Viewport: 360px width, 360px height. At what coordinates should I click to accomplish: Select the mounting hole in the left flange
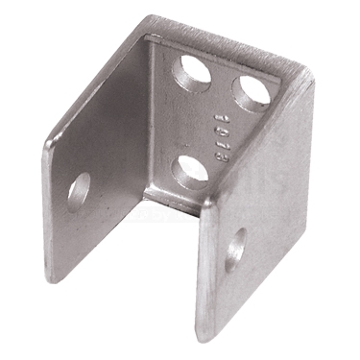[79, 190]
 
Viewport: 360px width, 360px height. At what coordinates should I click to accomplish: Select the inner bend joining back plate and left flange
[150, 115]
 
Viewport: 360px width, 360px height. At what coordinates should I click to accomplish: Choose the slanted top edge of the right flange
[254, 144]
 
